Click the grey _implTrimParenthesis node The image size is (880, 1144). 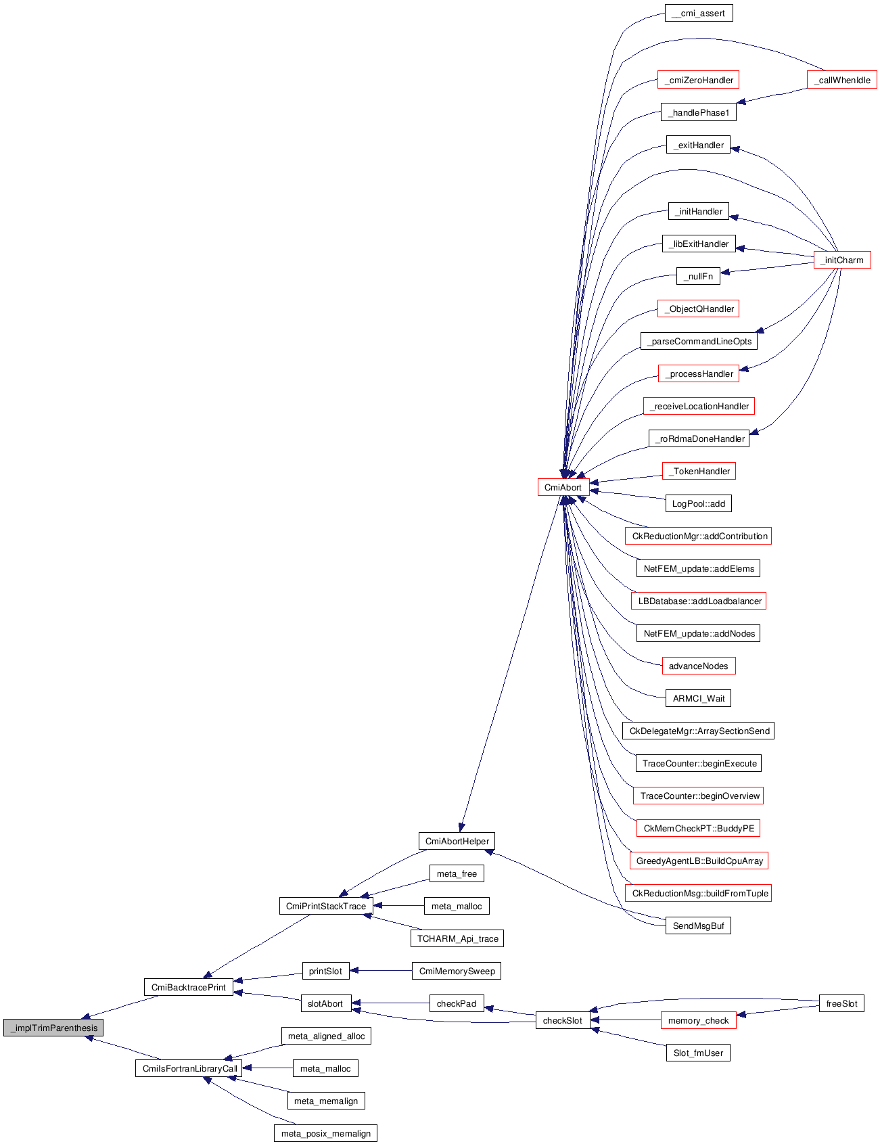pos(53,1028)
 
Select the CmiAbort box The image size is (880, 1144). pos(563,487)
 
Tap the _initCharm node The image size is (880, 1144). pos(842,260)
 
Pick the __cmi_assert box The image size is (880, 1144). pos(699,13)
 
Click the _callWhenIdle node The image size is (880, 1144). pos(842,80)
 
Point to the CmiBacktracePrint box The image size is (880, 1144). pos(189,987)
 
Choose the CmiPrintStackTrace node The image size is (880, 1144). pos(326,906)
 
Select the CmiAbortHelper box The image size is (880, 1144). pos(457,841)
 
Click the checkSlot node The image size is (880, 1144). pos(563,1020)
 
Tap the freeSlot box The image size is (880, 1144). pos(841,1003)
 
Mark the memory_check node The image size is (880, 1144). pos(698,1020)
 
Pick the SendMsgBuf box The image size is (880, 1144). pos(699,925)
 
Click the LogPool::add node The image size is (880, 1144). pos(699,503)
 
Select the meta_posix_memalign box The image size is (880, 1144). pos(326,1133)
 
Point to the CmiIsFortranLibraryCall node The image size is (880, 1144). pos(189,1068)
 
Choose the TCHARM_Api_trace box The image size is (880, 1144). pos(457,938)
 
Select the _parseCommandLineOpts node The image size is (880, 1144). pos(699,341)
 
